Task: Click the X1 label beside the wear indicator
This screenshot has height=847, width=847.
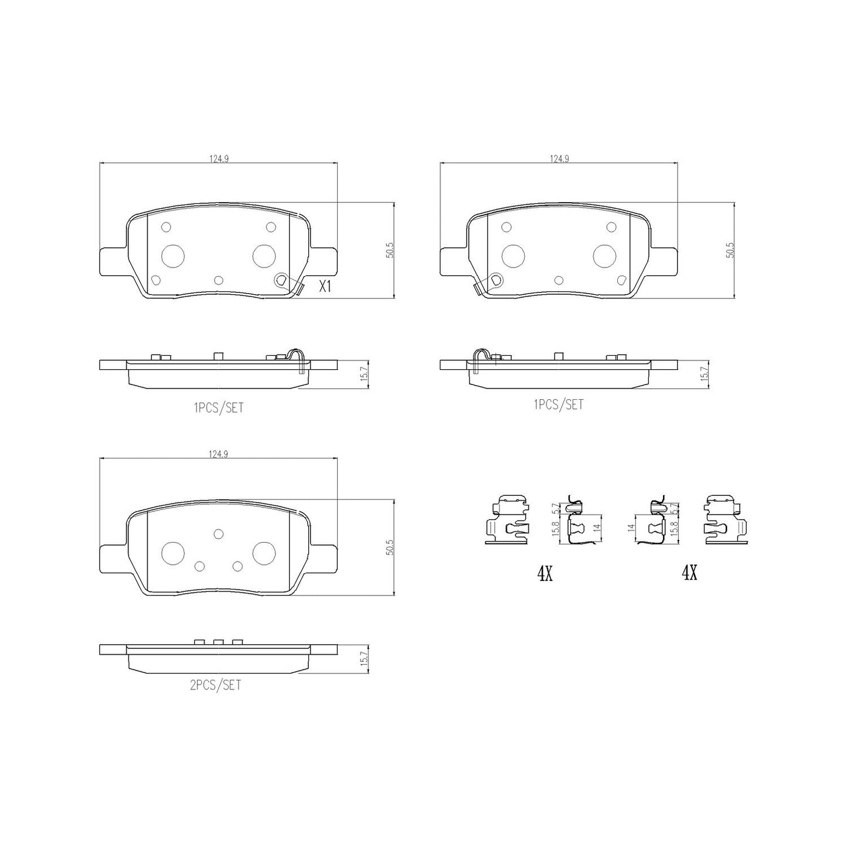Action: pyautogui.click(x=324, y=287)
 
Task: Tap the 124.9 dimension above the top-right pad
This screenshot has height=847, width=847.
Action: pyautogui.click(x=560, y=159)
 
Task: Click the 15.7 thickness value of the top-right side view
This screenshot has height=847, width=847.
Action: pyautogui.click(x=705, y=374)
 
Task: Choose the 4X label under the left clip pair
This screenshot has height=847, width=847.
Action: pyautogui.click(x=545, y=574)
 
